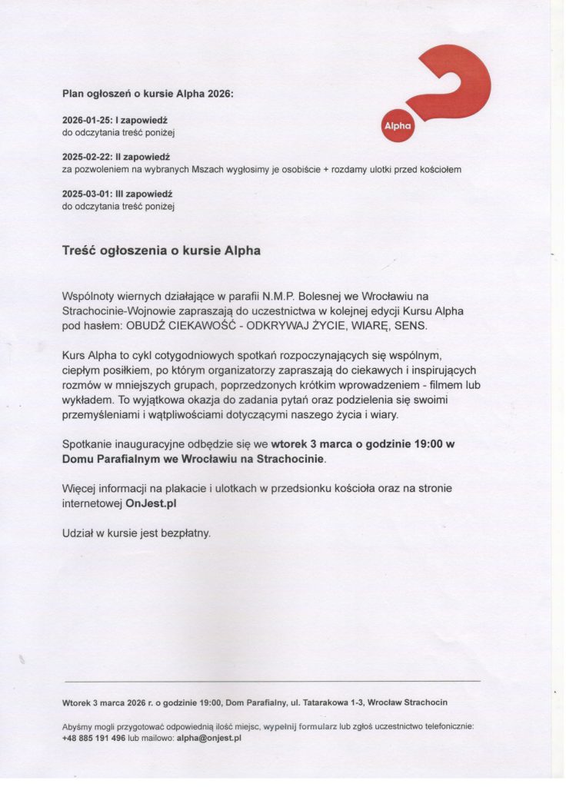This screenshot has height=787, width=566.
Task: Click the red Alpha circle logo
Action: point(398,126)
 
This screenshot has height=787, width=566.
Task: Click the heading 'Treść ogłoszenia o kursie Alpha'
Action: point(161,251)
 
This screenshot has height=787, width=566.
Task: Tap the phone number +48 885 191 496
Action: point(94,738)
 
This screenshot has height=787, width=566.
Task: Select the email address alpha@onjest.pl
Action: point(209,738)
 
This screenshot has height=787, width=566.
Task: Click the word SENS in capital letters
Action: point(410,326)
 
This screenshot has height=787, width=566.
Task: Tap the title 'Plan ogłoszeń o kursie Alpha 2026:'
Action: point(147,94)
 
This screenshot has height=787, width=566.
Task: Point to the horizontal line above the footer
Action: point(272,681)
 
